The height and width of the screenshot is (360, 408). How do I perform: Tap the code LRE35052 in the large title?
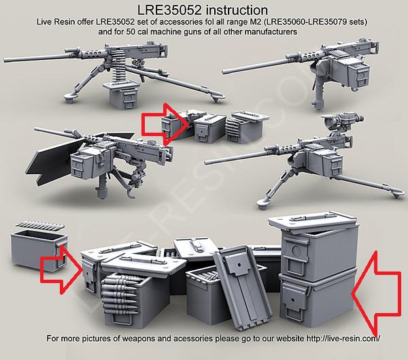[169, 10]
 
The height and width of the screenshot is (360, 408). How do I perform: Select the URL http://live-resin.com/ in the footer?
[343, 338]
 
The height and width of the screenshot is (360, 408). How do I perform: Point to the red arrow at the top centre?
[165, 125]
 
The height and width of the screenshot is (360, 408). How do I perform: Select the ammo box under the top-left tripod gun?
[122, 95]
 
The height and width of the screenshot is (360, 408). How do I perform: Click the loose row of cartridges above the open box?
[40, 225]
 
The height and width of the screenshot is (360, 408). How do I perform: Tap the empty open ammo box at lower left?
[39, 250]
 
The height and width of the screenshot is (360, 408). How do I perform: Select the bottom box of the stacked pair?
[318, 298]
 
